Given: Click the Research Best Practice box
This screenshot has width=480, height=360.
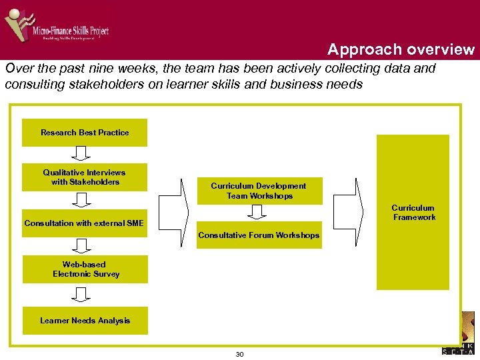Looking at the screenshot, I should pyautogui.click(x=85, y=133).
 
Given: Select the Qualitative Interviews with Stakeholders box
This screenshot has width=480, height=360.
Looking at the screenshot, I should pyautogui.click(x=85, y=177).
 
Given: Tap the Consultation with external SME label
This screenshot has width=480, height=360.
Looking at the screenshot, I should pyautogui.click(x=84, y=223).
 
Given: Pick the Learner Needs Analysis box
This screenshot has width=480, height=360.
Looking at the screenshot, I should pyautogui.click(x=85, y=321).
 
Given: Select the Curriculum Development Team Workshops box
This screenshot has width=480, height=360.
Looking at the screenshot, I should pyautogui.click(x=259, y=191).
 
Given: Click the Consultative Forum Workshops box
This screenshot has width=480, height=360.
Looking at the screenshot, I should pyautogui.click(x=259, y=235).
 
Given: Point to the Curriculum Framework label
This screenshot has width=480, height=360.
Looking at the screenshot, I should pyautogui.click(x=413, y=213).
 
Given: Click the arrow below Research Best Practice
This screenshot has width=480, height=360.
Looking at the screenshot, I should pyautogui.click(x=81, y=154).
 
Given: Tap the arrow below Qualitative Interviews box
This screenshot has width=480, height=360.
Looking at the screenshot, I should pyautogui.click(x=81, y=199).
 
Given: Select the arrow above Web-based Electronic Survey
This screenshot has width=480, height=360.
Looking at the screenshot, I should pyautogui.click(x=81, y=246).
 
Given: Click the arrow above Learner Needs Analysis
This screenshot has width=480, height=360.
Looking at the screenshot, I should pyautogui.click(x=81, y=294).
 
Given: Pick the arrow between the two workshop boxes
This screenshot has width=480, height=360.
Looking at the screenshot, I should pyautogui.click(x=257, y=212).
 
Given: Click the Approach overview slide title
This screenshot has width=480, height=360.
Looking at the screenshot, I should pyautogui.click(x=401, y=49).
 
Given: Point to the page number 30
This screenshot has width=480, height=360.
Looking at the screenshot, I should pyautogui.click(x=239, y=354).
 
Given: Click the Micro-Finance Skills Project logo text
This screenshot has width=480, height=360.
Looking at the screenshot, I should pyautogui.click(x=71, y=30).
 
